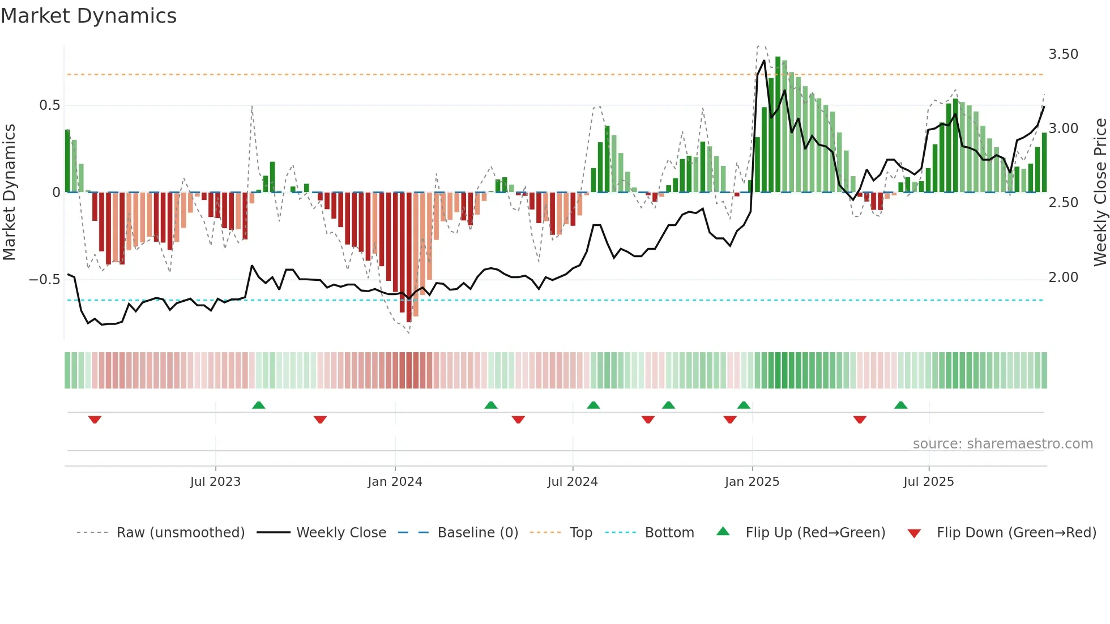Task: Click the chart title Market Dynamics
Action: click(x=89, y=16)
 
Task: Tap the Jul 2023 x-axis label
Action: click(x=215, y=482)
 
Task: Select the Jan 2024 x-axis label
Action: click(x=395, y=482)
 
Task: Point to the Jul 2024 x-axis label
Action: click(x=573, y=482)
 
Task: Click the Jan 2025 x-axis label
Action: click(x=752, y=482)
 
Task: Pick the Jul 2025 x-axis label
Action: click(x=929, y=482)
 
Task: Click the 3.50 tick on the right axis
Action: click(x=1063, y=54)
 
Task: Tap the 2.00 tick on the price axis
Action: click(x=1063, y=277)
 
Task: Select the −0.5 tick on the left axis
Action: click(x=44, y=280)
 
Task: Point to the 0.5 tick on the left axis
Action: click(x=49, y=105)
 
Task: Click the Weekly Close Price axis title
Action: click(x=1100, y=193)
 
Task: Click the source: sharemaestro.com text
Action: click(x=1002, y=444)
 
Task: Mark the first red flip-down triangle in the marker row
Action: click(x=95, y=420)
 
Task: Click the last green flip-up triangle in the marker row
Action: click(x=900, y=405)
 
